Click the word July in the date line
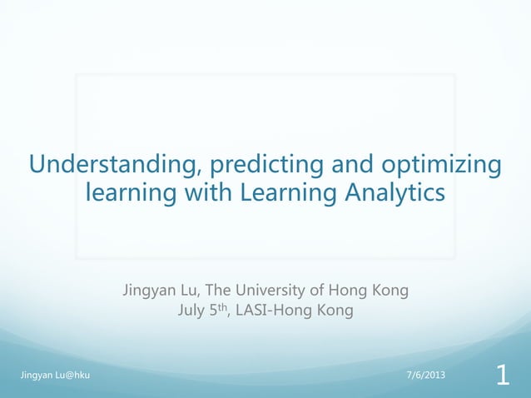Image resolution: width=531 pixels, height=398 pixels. tap(192, 311)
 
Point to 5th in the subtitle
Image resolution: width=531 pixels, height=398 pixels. tap(221, 311)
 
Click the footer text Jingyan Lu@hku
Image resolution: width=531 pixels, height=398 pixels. tap(55, 376)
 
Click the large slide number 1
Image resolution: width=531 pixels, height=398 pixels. tap(502, 376)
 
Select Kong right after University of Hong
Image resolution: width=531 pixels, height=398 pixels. tap(389, 291)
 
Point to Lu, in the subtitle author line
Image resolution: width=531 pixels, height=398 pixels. tap(189, 291)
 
